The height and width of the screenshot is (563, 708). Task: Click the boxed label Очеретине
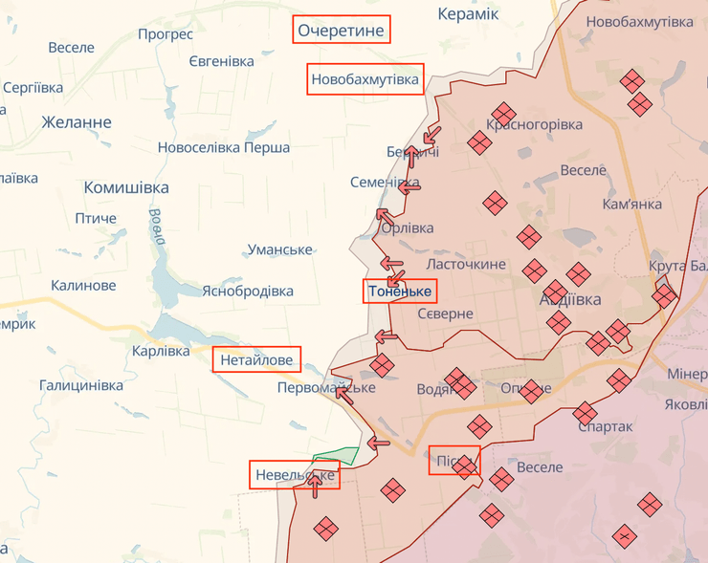342,31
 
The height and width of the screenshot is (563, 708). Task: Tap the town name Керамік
468,13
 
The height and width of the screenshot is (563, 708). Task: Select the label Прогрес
165,34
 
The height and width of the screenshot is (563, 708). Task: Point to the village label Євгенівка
221,61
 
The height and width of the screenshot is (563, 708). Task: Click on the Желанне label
77,122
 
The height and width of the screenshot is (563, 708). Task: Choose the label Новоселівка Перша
224,147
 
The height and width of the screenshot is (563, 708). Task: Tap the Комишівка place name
126,187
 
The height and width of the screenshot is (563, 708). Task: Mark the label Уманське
280,249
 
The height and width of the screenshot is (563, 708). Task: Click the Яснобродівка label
247,291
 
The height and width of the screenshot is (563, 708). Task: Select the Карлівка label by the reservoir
161,351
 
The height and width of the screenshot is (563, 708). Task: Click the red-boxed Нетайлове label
257,360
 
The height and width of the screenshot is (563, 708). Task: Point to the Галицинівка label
81,385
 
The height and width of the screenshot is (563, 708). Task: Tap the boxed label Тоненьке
400,292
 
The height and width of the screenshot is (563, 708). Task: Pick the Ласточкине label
466,263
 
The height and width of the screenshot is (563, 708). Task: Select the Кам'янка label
632,204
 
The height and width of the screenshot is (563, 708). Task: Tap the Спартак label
605,426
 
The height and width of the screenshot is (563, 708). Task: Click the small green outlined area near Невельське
336,455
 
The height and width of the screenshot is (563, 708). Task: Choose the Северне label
445,314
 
